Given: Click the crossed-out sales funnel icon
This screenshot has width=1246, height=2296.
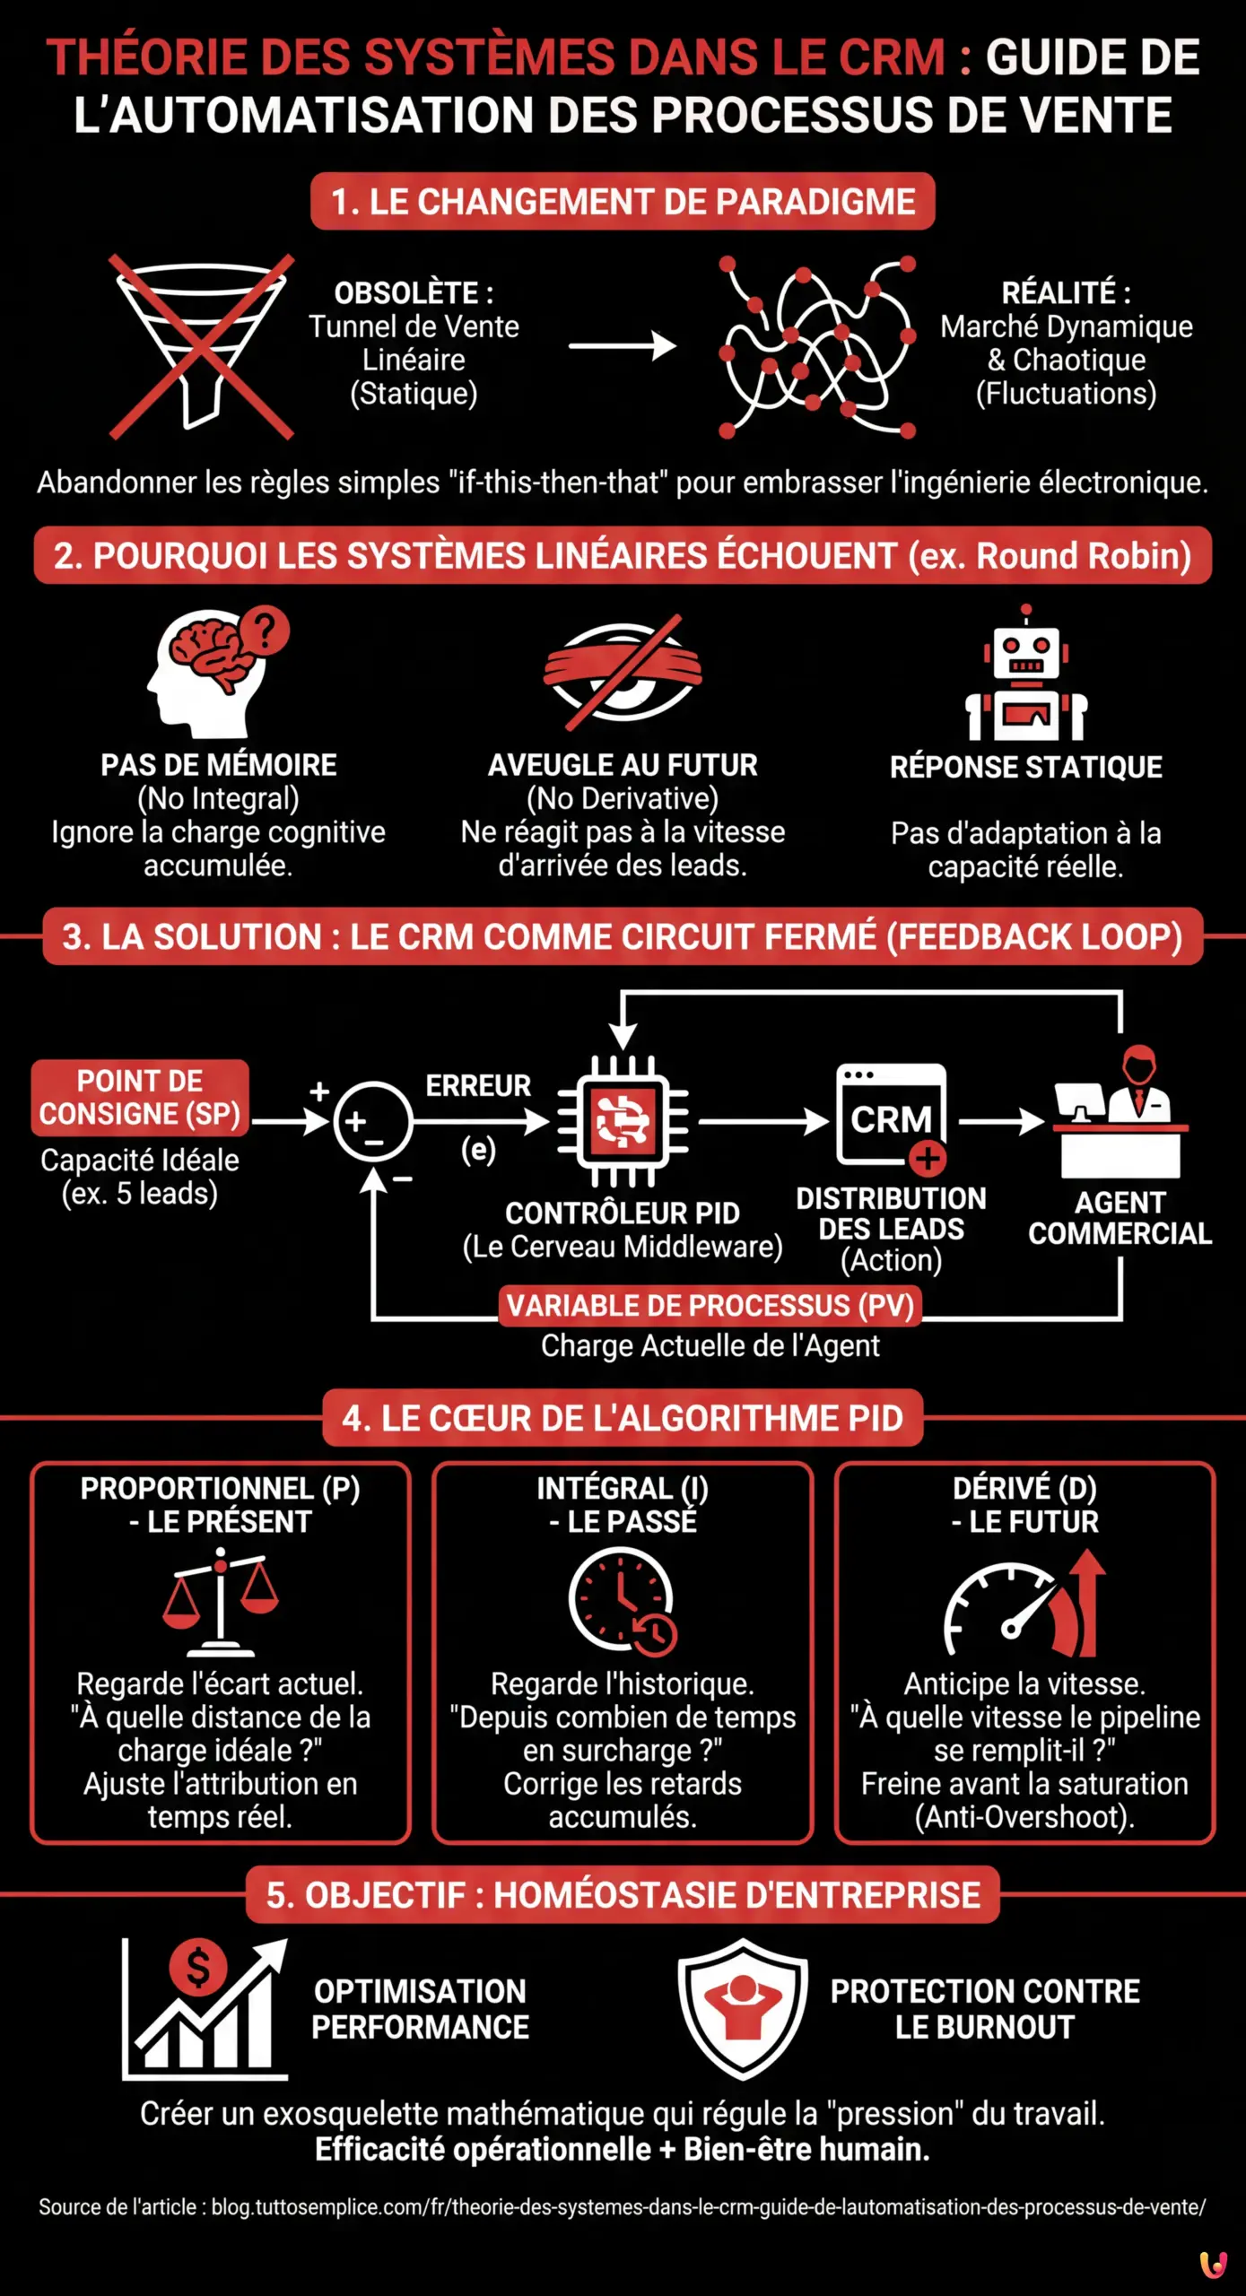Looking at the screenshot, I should pos(202,345).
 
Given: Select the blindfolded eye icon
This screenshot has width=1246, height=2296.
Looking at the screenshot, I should pos(623,670).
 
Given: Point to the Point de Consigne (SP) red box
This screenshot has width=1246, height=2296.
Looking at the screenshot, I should pos(140,1097).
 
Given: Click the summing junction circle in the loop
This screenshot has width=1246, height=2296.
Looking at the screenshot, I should pos(372,1121).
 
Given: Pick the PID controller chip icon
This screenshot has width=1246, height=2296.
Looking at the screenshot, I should pos(623,1121).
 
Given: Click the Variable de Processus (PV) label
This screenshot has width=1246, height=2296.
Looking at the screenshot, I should pos(710,1306).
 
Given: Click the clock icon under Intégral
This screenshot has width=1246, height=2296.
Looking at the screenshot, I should pos(623,1601).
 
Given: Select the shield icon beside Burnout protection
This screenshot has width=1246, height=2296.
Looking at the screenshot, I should pos(743,2009).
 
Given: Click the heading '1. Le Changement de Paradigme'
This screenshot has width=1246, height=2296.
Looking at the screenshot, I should pos(623,202).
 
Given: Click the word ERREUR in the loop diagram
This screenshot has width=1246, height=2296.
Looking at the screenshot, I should pos(478,1086).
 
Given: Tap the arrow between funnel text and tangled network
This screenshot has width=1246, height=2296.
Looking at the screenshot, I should pos(623,345).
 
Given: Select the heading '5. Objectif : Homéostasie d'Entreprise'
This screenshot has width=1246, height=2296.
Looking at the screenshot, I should pos(623,1895).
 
